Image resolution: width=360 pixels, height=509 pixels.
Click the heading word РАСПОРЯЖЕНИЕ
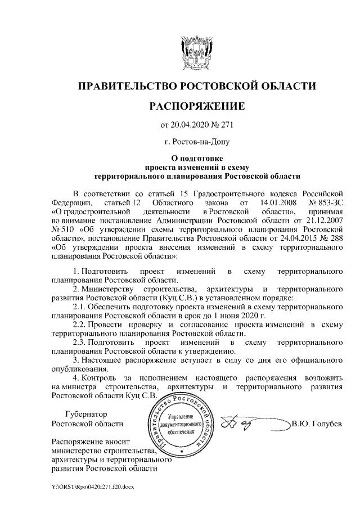click(x=196, y=106)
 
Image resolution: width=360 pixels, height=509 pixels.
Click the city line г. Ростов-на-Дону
click(x=196, y=142)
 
